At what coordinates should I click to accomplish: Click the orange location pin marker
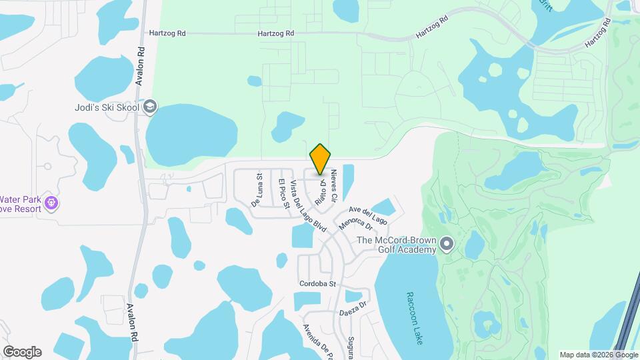click(320, 159)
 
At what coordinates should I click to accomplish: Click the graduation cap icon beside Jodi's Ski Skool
click(151, 107)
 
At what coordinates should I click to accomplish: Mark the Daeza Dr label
click(353, 307)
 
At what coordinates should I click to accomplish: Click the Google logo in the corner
click(22, 351)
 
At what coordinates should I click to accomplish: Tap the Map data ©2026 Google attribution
click(599, 355)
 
